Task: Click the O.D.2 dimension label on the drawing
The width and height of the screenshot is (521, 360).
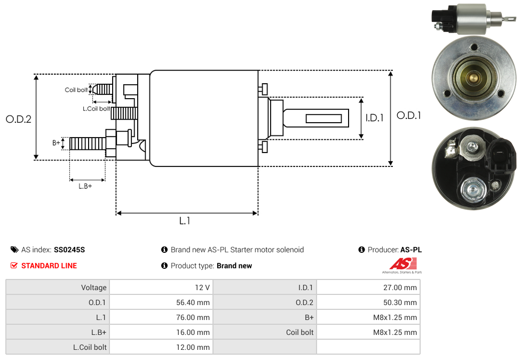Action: pos(19,119)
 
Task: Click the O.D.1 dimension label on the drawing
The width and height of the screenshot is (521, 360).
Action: pos(409,115)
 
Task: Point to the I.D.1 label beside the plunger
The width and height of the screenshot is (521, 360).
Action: pos(374,118)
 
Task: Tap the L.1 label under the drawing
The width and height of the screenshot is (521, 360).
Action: pos(185,221)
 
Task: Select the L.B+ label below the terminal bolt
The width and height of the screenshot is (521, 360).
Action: pos(85,186)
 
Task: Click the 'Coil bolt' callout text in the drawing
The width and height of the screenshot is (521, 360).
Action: pos(76,90)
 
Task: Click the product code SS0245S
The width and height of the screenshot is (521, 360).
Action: pos(69,250)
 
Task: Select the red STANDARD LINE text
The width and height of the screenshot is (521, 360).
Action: pos(49,266)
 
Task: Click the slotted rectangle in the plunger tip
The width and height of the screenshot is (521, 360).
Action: pos(323,118)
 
